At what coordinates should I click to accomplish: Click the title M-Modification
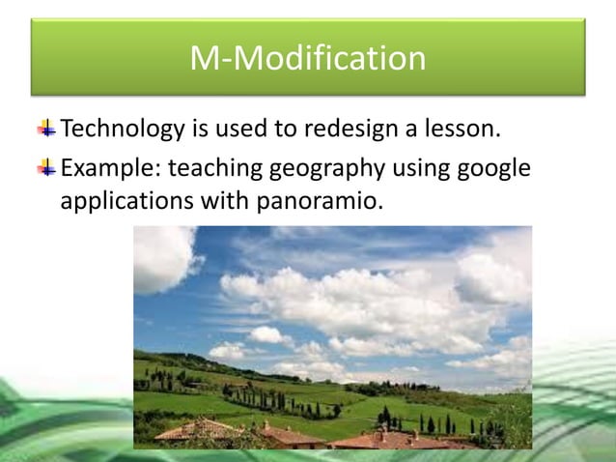[307, 59]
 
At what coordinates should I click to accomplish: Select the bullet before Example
[46, 168]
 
